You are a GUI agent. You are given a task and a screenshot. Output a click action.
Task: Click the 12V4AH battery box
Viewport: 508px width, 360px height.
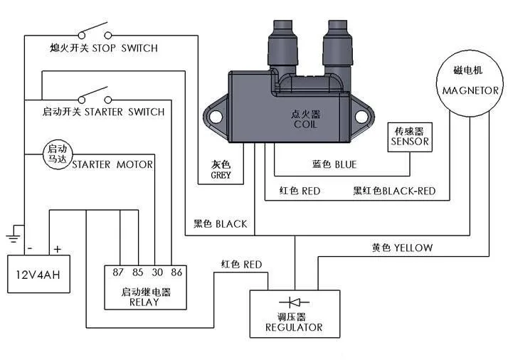click(38, 274)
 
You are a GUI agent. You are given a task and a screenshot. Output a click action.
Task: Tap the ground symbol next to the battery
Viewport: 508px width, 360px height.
click(14, 238)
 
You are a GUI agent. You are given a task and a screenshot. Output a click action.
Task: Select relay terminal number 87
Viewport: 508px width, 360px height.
click(118, 272)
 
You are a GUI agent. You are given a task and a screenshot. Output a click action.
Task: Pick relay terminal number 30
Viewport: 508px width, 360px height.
click(157, 272)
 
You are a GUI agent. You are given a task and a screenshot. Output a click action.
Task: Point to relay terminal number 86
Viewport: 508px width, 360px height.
click(176, 272)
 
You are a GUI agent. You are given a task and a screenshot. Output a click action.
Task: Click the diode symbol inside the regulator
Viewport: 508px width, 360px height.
click(294, 302)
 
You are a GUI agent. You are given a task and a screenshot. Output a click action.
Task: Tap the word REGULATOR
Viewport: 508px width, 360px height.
click(294, 327)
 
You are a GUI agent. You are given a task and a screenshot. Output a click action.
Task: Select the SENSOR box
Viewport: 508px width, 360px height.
click(410, 137)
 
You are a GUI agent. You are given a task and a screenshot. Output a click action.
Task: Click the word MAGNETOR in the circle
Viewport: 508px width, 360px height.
click(470, 91)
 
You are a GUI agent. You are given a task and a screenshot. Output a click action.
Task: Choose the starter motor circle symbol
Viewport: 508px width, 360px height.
click(58, 154)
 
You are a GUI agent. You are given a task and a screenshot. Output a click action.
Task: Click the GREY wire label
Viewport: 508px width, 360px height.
click(221, 175)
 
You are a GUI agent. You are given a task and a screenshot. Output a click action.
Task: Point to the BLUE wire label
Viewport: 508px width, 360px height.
click(346, 164)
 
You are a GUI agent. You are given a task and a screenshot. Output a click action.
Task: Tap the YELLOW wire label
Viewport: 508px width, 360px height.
click(413, 248)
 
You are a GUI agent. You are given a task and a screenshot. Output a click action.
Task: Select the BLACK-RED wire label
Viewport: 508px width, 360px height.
click(409, 191)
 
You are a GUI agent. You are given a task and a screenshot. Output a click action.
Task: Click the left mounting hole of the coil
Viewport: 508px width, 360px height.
click(216, 117)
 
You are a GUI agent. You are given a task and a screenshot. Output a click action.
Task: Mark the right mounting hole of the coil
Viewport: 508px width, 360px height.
click(361, 117)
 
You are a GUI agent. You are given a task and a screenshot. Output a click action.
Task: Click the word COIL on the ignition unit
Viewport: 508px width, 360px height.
click(305, 124)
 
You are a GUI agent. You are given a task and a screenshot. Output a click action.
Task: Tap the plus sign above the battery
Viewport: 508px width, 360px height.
click(58, 249)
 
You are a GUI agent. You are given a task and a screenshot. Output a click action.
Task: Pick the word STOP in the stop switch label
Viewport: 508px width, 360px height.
click(104, 48)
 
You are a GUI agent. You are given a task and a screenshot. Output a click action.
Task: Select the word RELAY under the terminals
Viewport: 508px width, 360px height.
click(144, 302)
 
